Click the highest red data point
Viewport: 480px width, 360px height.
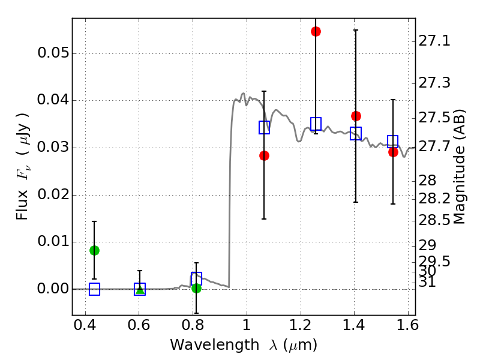(x=316, y=31)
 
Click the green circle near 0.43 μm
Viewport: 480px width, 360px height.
(x=94, y=250)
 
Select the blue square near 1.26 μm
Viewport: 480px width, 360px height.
(x=316, y=124)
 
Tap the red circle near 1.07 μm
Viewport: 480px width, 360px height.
(x=264, y=155)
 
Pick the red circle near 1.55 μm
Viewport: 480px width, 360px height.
(x=393, y=152)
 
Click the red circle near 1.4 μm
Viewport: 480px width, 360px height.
(x=356, y=116)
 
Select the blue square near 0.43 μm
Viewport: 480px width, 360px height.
(x=94, y=289)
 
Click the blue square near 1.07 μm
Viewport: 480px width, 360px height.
(x=264, y=127)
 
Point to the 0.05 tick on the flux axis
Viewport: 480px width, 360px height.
(x=54, y=53)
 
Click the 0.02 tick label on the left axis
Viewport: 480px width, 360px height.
(x=54, y=195)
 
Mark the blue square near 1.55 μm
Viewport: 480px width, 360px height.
(x=393, y=142)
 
